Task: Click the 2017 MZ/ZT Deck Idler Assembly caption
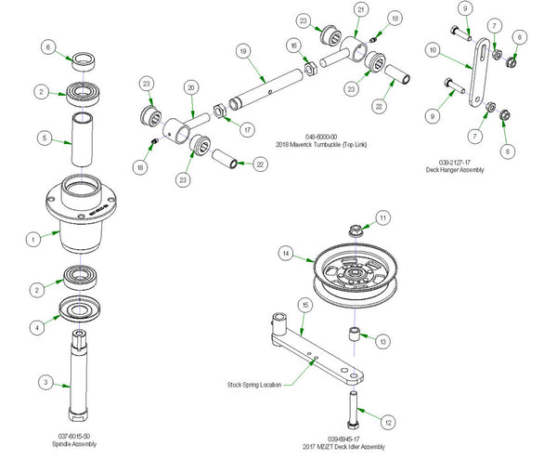(x=343, y=447)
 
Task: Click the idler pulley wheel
(x=356, y=269)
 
